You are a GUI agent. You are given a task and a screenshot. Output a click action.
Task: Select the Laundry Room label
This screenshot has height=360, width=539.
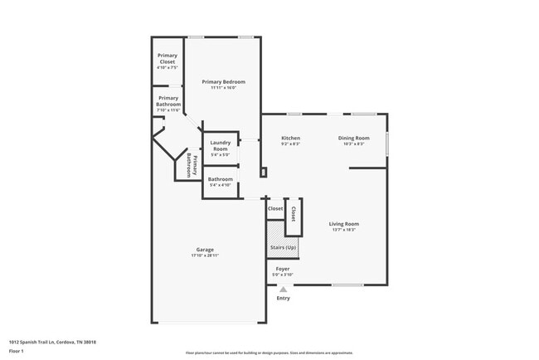tap(220, 145)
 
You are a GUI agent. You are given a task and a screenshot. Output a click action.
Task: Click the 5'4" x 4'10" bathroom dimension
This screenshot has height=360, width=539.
tap(220, 186)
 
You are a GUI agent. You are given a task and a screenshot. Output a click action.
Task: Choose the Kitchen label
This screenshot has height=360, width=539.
tap(290, 138)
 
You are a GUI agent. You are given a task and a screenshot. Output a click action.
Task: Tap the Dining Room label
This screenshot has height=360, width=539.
tap(353, 138)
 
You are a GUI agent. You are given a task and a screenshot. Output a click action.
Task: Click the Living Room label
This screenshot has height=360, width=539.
tap(343, 223)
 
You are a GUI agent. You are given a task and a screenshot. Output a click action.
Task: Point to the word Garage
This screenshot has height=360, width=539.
tap(205, 249)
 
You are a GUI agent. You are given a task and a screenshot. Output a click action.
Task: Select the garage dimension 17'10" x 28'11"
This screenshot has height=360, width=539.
tap(205, 255)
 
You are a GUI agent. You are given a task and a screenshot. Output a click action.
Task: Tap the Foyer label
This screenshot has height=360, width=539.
tap(283, 268)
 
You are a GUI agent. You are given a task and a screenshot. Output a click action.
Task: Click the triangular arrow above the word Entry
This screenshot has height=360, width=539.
tap(283, 289)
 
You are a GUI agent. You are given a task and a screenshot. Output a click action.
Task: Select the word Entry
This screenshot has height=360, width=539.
tap(284, 298)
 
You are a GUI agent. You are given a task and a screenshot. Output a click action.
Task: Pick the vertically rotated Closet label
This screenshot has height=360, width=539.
tap(293, 213)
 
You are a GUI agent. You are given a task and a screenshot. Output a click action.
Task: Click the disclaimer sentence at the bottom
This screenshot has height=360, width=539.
tap(269, 353)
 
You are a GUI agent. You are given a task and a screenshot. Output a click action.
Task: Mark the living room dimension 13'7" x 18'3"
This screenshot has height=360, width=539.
tap(343, 230)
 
